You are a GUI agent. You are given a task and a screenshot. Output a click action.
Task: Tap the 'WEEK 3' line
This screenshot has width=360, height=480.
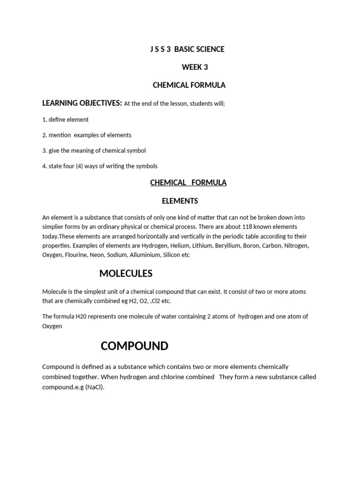195,67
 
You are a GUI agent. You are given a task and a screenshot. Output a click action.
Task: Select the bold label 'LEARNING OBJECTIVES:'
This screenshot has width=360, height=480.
82,103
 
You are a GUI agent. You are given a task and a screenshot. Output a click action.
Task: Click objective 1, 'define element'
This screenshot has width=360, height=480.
65,120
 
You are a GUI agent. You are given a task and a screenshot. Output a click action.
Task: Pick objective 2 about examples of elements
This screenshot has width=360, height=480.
87,135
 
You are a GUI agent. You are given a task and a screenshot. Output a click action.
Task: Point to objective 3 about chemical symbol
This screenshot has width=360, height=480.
94,150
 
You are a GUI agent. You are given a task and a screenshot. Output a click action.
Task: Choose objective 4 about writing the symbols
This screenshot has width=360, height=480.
100,166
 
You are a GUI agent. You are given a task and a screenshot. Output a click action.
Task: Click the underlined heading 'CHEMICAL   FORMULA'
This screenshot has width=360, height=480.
188,183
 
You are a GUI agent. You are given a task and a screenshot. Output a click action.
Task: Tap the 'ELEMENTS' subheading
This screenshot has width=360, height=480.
180,201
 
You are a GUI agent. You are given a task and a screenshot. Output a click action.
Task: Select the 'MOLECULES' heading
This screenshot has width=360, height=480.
126,274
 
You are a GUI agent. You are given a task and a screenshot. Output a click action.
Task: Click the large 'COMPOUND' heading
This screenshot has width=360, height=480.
135,346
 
